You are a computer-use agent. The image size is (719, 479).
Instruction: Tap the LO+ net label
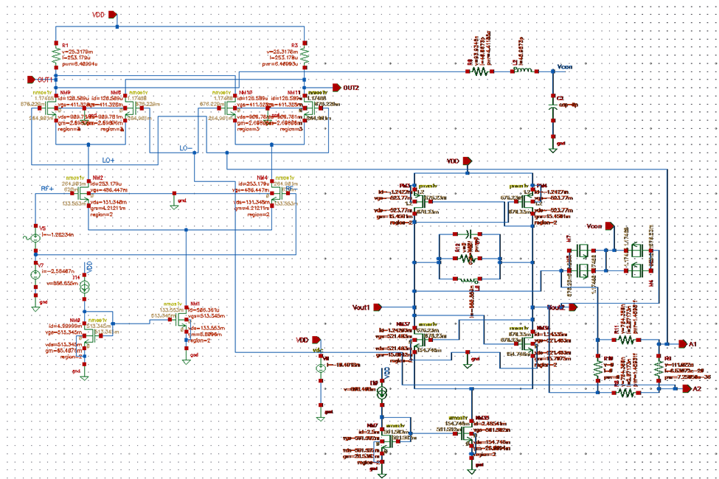(x=108, y=159)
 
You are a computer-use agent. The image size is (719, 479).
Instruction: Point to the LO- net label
(x=186, y=148)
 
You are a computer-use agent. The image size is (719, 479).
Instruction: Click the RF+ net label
(x=47, y=189)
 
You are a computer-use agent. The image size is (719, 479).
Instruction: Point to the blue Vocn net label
(x=563, y=66)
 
